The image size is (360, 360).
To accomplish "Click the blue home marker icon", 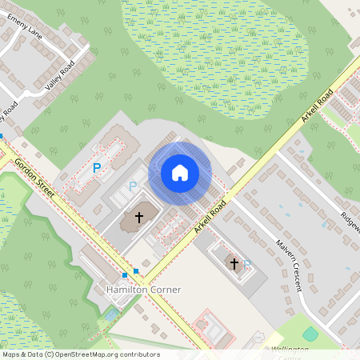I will click(x=180, y=172).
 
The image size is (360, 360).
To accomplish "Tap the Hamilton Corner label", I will click(x=144, y=289).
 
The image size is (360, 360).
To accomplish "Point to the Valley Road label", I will click(x=60, y=74).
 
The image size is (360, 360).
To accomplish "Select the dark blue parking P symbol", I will click(x=97, y=168).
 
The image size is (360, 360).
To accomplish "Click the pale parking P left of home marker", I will click(x=133, y=186).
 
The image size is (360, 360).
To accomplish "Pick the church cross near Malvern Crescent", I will click(x=234, y=262).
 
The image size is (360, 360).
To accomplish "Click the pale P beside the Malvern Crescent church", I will click(x=248, y=262).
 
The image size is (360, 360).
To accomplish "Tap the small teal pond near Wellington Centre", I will click(x=310, y=334).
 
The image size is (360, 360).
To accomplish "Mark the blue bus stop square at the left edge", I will click(x=2, y=137).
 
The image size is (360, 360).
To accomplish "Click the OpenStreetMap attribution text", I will click(x=80, y=354).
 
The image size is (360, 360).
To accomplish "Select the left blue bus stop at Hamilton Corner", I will click(x=125, y=274).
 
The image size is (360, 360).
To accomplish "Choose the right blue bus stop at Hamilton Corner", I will click(x=136, y=271).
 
